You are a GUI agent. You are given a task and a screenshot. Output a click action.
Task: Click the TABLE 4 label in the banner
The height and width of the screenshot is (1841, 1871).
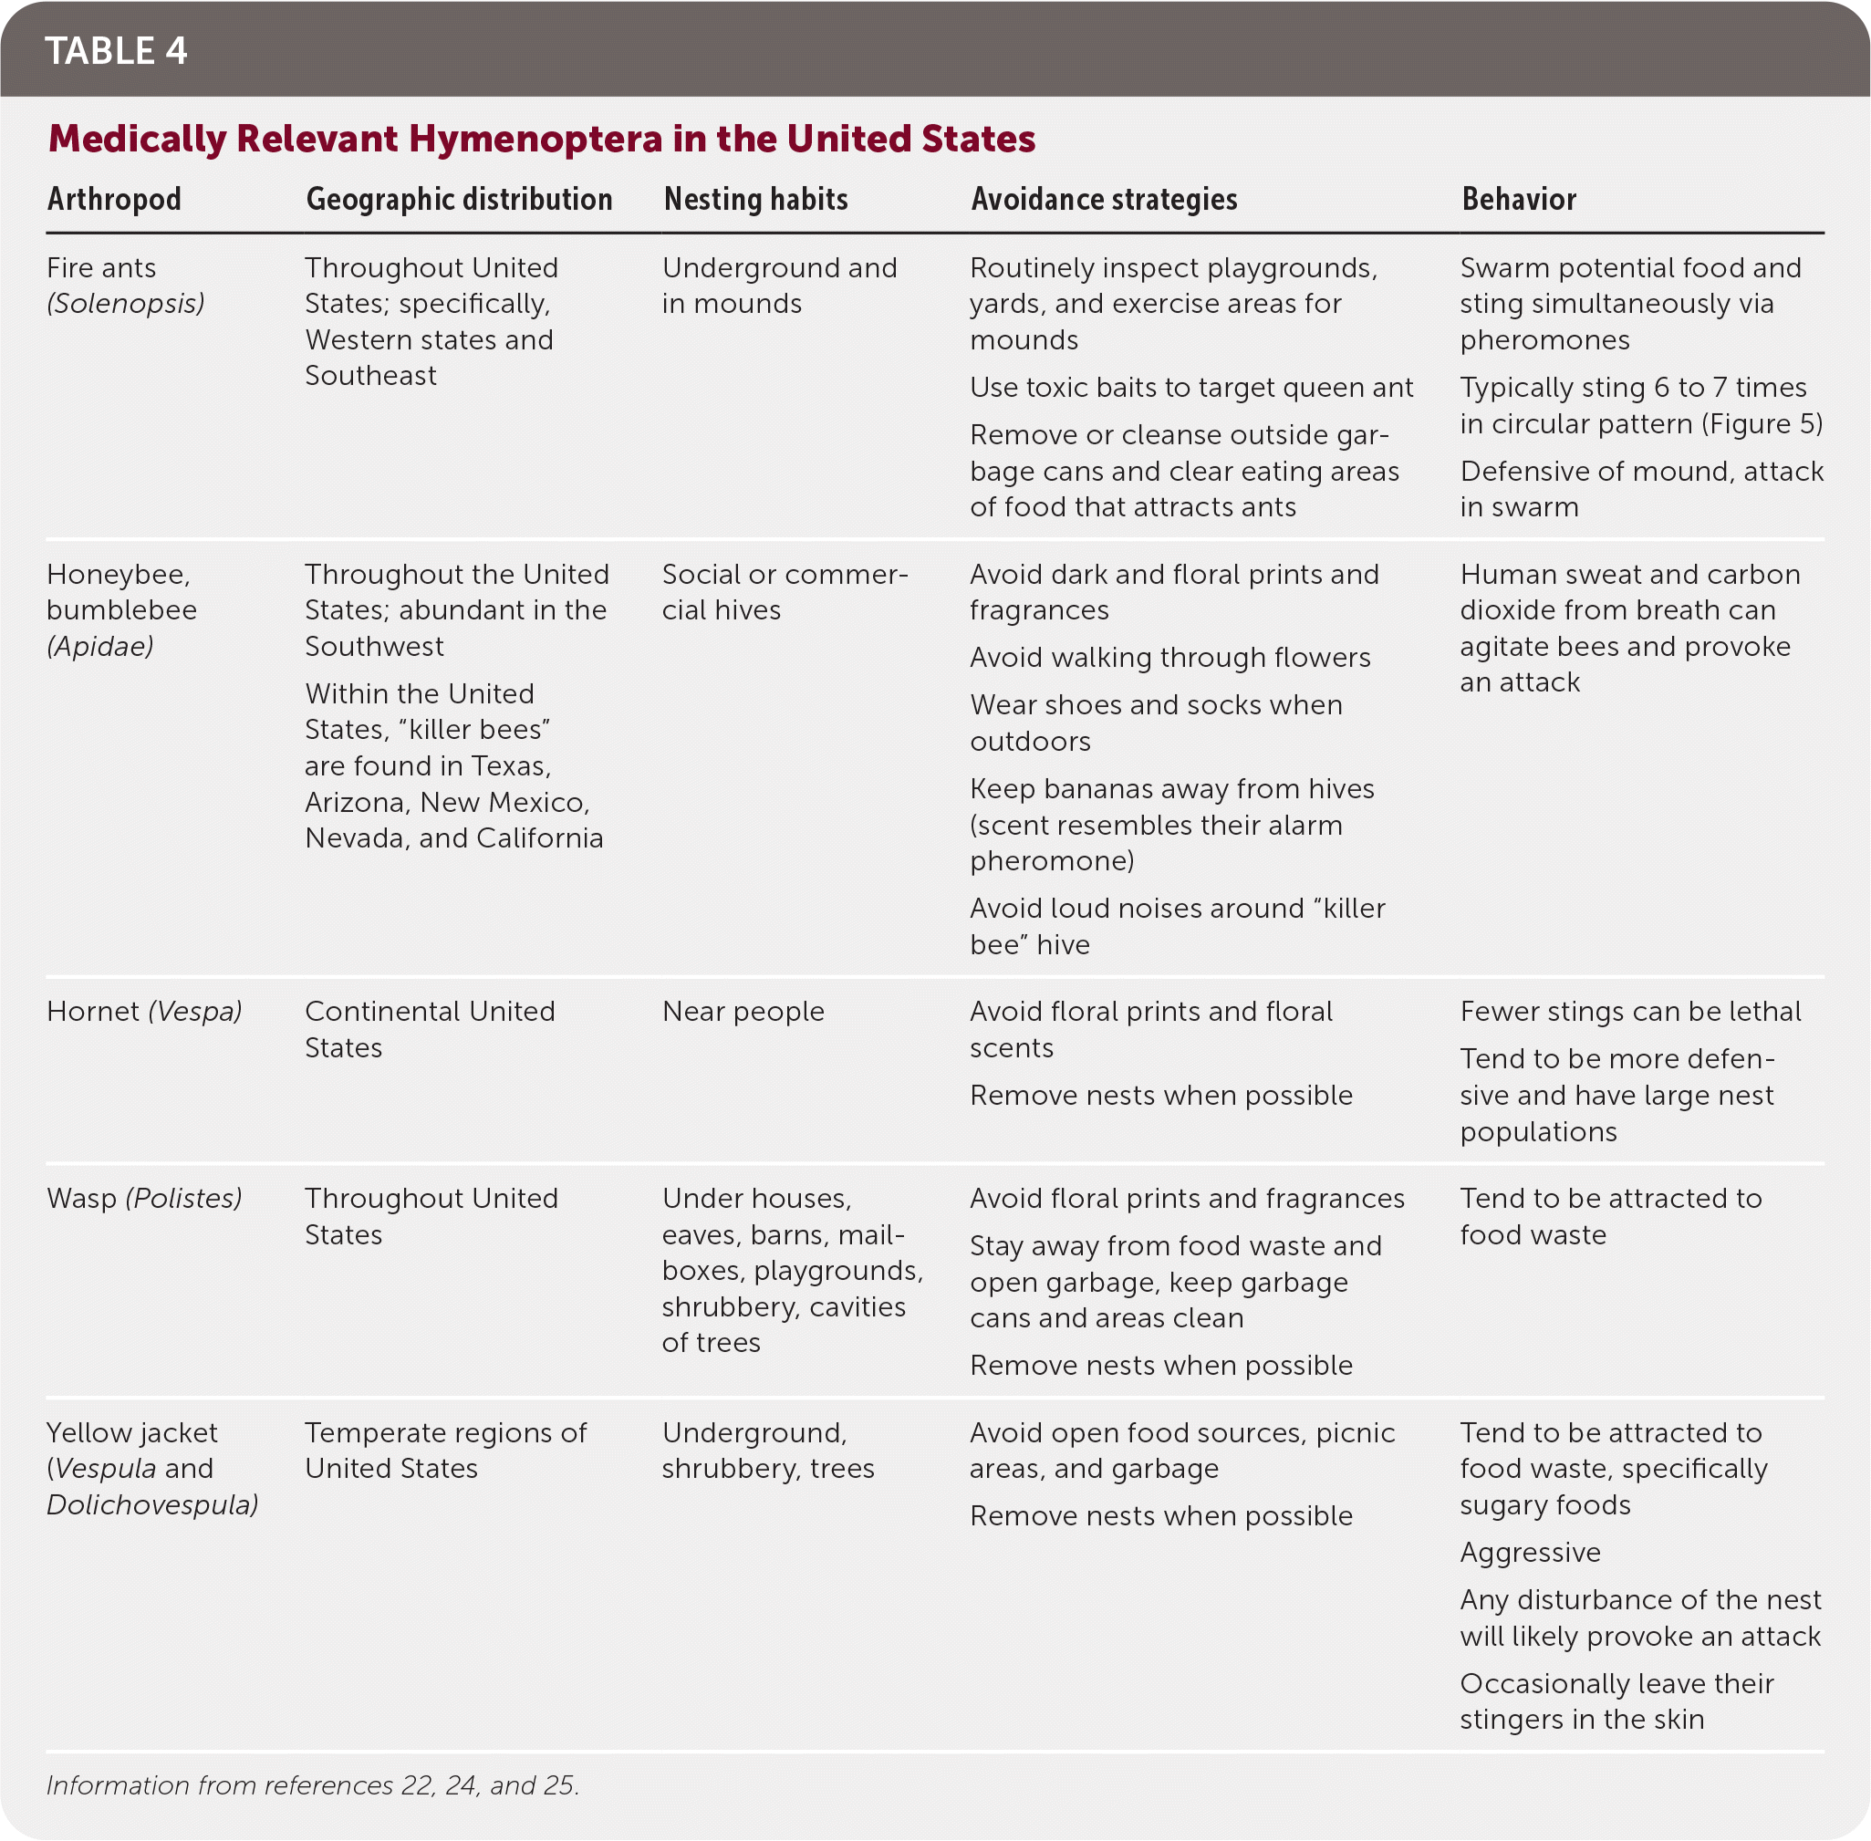point(116,51)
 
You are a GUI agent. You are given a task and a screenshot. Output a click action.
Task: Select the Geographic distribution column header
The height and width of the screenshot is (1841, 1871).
point(459,199)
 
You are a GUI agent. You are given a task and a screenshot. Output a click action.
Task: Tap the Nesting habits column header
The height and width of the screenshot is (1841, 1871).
point(755,199)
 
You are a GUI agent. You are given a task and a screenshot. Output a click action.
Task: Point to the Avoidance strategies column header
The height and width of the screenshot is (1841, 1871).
point(1104,199)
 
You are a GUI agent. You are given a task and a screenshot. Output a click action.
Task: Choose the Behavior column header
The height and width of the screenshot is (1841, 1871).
point(1518,199)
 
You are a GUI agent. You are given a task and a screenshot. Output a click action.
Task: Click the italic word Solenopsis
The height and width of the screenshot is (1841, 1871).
point(126,304)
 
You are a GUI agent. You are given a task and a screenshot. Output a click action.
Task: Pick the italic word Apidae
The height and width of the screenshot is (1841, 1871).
point(100,646)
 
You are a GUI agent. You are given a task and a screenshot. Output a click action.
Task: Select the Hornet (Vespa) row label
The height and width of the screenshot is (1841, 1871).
point(144,1012)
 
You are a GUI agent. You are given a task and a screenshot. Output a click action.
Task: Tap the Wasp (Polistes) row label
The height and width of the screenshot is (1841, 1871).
point(144,1198)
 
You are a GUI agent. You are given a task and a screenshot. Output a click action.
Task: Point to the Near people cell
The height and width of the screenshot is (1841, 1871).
point(743,1012)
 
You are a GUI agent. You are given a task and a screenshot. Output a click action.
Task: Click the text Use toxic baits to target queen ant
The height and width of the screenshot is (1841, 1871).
point(1191,388)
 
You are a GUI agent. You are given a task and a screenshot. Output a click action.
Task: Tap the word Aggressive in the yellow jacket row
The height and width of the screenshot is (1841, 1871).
point(1530,1552)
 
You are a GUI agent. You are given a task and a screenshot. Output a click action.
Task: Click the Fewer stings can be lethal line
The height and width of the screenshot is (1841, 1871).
point(1630,1012)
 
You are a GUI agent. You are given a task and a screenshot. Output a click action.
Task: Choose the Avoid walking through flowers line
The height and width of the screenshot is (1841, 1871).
point(1170,658)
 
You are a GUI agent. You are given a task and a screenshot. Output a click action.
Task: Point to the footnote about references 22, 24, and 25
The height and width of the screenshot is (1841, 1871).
point(312,1785)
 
